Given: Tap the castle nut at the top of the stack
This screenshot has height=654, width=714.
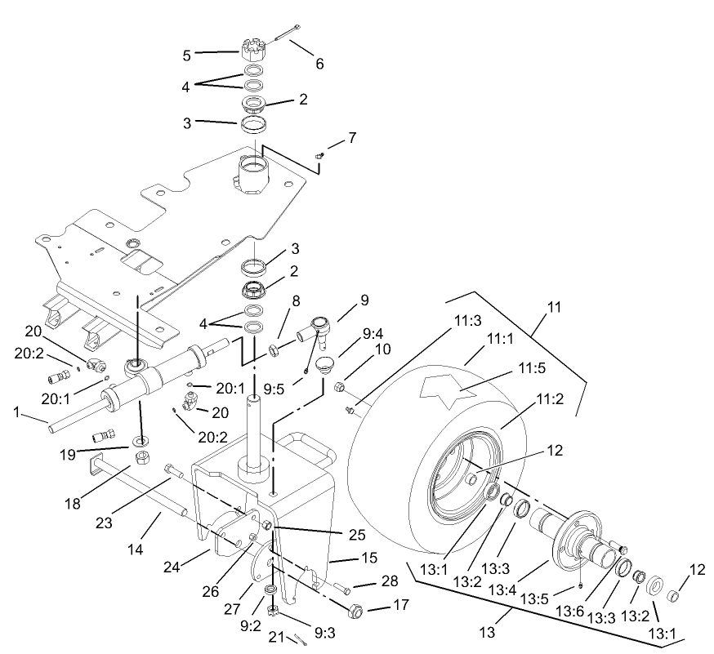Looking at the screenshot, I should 256,51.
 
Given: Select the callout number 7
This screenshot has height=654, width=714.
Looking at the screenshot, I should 351,137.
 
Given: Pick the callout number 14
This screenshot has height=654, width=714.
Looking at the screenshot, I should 136,550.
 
